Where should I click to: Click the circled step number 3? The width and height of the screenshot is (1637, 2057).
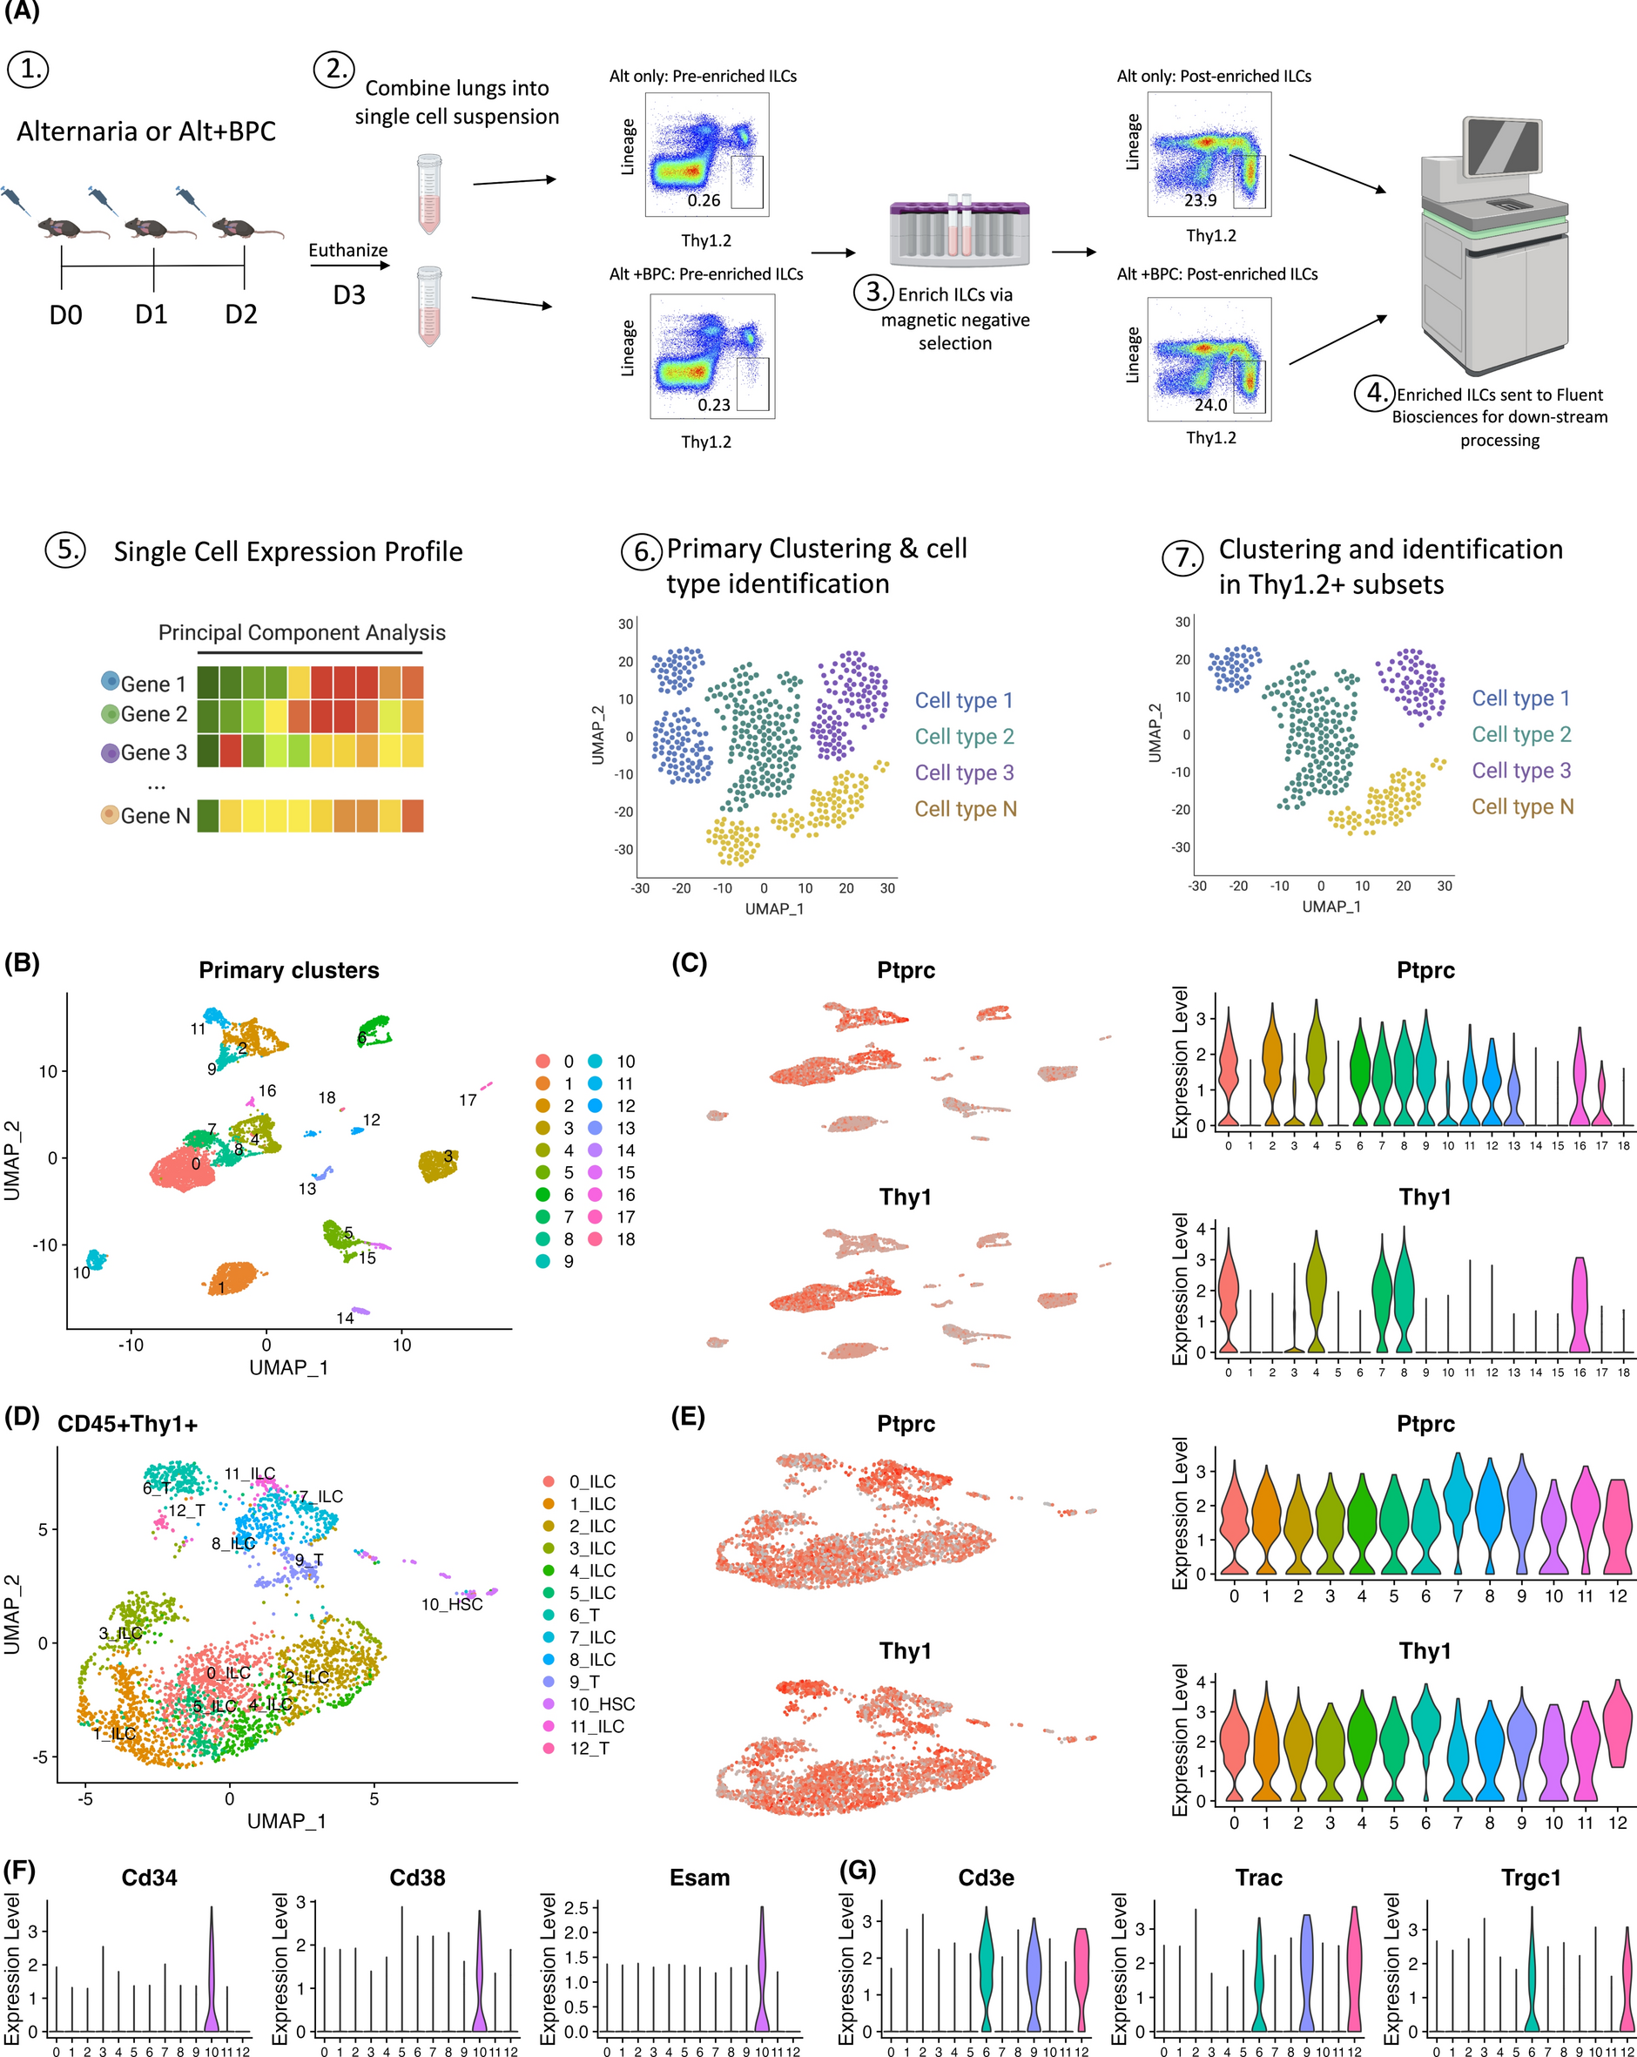(872, 291)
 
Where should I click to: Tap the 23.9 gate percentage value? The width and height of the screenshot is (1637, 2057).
(1200, 200)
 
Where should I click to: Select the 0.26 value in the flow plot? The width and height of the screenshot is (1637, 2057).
(704, 200)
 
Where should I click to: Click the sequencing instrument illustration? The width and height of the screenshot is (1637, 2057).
(1493, 246)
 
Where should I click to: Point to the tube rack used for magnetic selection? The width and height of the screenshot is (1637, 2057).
(959, 232)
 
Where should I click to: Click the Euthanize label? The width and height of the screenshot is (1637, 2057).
(348, 250)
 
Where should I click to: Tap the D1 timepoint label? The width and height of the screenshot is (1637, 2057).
(151, 314)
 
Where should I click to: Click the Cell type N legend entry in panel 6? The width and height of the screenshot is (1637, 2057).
(966, 809)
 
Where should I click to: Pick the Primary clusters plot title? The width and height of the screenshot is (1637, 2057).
(289, 970)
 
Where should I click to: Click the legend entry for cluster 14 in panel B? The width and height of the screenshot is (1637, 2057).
(612, 1150)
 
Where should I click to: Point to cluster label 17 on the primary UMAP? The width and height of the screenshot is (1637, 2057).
(468, 1100)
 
